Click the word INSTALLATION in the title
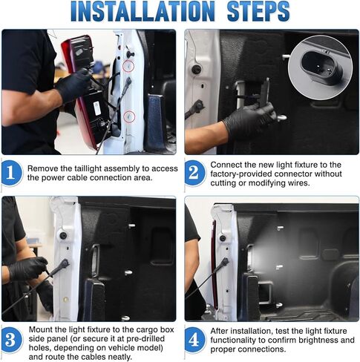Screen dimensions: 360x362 coord(143,11)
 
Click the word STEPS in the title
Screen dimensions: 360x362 coord(258,11)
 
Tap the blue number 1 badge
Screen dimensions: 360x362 coord(11,173)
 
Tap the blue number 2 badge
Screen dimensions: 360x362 coord(194,173)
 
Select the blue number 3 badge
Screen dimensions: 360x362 coord(11,340)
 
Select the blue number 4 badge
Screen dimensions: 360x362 coord(194,340)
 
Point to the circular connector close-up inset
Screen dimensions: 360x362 coord(320,68)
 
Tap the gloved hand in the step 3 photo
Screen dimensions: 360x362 coord(28,269)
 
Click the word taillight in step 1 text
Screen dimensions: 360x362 coord(88,168)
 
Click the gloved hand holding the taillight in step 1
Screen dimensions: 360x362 coord(73,85)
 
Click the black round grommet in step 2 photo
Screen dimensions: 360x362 coord(197,70)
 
